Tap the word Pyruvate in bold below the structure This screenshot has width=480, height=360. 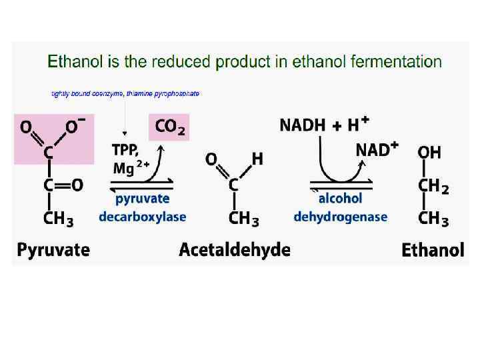click(53, 250)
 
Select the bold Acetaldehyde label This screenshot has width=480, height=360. click(235, 250)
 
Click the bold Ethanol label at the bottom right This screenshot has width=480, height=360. click(433, 250)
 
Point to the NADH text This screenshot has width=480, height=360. click(301, 125)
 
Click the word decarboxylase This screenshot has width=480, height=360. click(143, 217)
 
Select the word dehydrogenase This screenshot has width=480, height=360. click(340, 217)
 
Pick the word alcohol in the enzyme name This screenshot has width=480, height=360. click(340, 199)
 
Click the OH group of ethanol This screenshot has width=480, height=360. click(429, 153)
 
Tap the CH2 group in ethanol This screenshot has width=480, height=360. click(433, 187)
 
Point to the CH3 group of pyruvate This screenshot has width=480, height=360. click(59, 218)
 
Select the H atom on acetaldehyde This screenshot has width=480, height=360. click(257, 159)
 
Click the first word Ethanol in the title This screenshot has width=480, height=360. click(72, 62)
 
